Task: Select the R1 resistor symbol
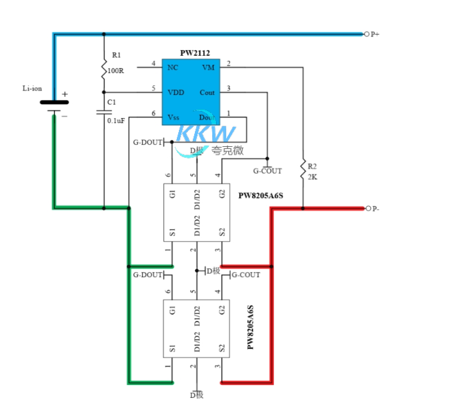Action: pos(103,67)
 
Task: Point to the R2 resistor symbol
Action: pos(302,170)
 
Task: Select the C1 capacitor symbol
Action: pos(103,112)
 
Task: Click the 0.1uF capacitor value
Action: pos(116,120)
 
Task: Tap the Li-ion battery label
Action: pos(32,89)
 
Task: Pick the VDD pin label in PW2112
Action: pos(176,92)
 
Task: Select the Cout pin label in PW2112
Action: pos(208,92)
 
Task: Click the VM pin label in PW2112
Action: pos(208,67)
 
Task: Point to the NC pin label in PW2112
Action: pos(172,67)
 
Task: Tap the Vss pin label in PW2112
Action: pos(174,117)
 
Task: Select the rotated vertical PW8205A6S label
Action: pos(251,327)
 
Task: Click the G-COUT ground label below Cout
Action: pos(267,171)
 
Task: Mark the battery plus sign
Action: pos(65,94)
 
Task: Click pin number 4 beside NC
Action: pos(153,64)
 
